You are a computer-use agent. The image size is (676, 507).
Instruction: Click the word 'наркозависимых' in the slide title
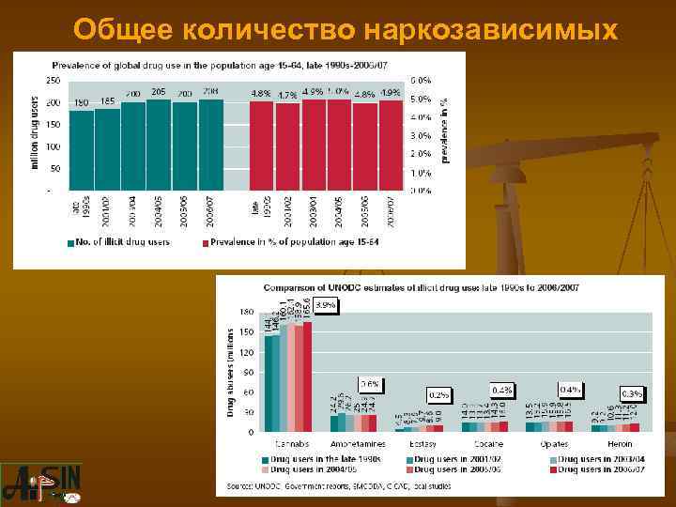coord(490,29)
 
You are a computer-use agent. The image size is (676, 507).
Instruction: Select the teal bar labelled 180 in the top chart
coord(82,150)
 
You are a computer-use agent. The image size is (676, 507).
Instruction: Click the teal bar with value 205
coord(159,145)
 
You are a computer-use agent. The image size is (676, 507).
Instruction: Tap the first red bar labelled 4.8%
coord(261,146)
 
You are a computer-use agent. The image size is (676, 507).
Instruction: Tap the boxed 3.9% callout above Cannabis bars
coord(325,305)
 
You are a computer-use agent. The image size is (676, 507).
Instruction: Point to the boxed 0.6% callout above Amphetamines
coord(370,384)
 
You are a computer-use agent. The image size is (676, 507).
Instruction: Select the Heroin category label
coord(618,443)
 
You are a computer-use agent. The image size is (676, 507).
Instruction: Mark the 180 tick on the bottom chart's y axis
coord(247,311)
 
